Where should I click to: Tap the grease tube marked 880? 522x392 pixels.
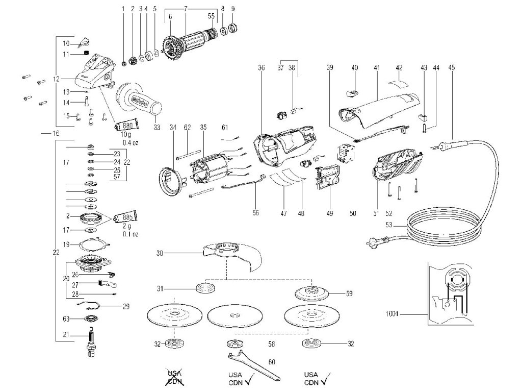coord(125,126)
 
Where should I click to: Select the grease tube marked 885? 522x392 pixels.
coord(126,217)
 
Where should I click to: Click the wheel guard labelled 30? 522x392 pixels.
coord(233,255)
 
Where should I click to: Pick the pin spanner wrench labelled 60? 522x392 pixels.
coord(253,360)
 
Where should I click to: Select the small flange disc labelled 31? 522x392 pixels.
coord(205,288)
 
